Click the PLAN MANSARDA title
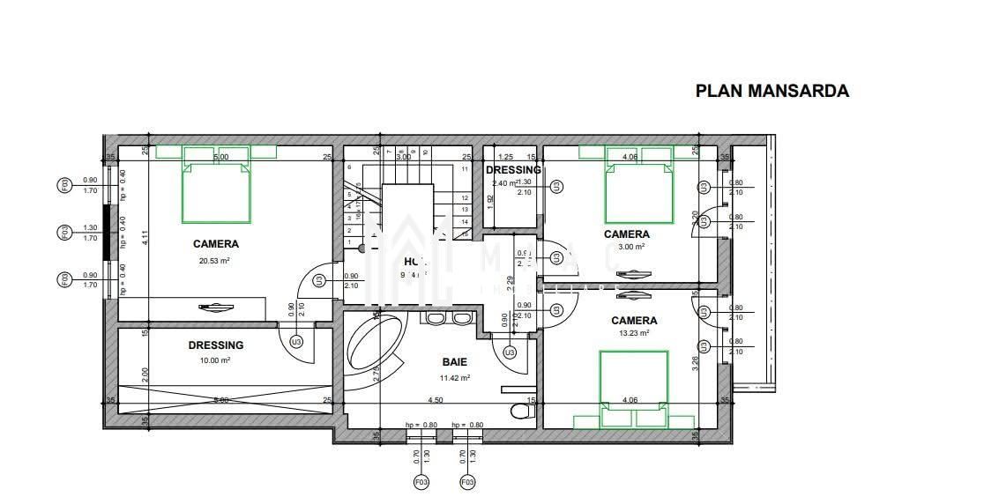tap(772, 91)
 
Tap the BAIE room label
tap(454, 362)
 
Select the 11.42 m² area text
tap(454, 378)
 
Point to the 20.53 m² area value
tap(215, 261)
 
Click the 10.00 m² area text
tap(215, 360)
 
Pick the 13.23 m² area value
tap(633, 334)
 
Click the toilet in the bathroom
tap(521, 410)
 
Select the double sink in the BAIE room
tap(449, 318)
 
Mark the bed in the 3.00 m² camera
tap(638, 193)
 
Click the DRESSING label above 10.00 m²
tap(215, 345)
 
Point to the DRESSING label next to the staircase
tap(513, 170)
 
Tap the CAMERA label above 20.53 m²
tap(215, 244)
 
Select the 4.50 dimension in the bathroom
tap(435, 400)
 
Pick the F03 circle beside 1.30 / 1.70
tap(64, 232)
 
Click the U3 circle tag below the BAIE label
tap(509, 352)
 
